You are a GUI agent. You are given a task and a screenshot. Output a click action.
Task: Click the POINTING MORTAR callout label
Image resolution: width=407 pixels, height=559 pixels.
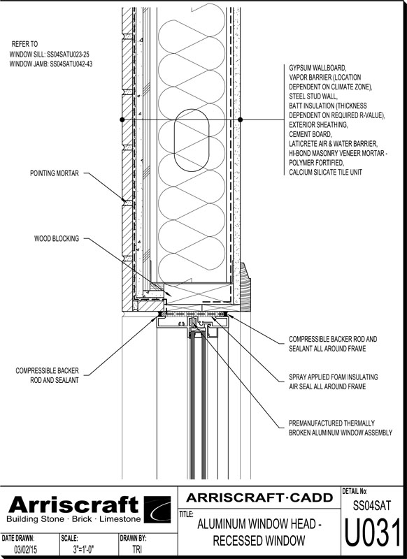(55, 173)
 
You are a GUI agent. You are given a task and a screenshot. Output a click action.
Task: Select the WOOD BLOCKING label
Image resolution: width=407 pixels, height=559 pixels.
(57, 238)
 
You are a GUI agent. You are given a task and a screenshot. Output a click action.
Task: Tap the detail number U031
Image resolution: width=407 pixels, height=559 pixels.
(373, 532)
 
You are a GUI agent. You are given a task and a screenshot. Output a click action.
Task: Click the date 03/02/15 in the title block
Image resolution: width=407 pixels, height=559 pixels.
(25, 549)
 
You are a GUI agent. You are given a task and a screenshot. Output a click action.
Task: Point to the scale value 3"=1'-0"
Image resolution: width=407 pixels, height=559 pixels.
(83, 549)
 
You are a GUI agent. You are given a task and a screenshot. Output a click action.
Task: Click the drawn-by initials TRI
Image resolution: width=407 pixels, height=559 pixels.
(136, 549)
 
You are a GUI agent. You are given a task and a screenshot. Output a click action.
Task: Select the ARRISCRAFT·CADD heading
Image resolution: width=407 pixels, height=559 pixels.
(259, 498)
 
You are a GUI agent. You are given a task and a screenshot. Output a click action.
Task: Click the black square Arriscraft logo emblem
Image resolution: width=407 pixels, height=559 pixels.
(157, 509)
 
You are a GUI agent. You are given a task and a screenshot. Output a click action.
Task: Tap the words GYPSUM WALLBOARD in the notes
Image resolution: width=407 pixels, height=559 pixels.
(317, 68)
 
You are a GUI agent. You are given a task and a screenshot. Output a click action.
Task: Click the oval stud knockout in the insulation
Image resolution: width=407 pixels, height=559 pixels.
(192, 140)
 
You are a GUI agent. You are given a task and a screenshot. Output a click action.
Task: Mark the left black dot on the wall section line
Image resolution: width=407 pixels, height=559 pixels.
(122, 119)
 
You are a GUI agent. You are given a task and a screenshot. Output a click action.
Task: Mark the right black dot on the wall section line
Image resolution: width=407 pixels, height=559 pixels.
(240, 119)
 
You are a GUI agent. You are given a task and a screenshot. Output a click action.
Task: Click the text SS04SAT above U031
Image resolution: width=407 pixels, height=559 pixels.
(372, 505)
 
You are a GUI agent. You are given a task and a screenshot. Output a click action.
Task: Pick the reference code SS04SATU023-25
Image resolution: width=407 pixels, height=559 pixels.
(68, 55)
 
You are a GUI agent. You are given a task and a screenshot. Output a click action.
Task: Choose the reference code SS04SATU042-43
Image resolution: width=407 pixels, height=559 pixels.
(71, 64)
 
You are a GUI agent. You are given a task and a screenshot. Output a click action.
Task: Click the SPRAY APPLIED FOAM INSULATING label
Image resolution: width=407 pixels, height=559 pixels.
(333, 377)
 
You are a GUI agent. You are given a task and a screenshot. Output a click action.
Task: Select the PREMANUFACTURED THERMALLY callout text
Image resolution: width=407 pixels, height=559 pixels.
(331, 423)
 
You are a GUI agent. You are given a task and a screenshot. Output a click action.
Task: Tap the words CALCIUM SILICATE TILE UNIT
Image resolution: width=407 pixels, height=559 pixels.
(325, 172)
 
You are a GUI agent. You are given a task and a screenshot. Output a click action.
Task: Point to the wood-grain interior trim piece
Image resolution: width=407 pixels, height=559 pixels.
(245, 286)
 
